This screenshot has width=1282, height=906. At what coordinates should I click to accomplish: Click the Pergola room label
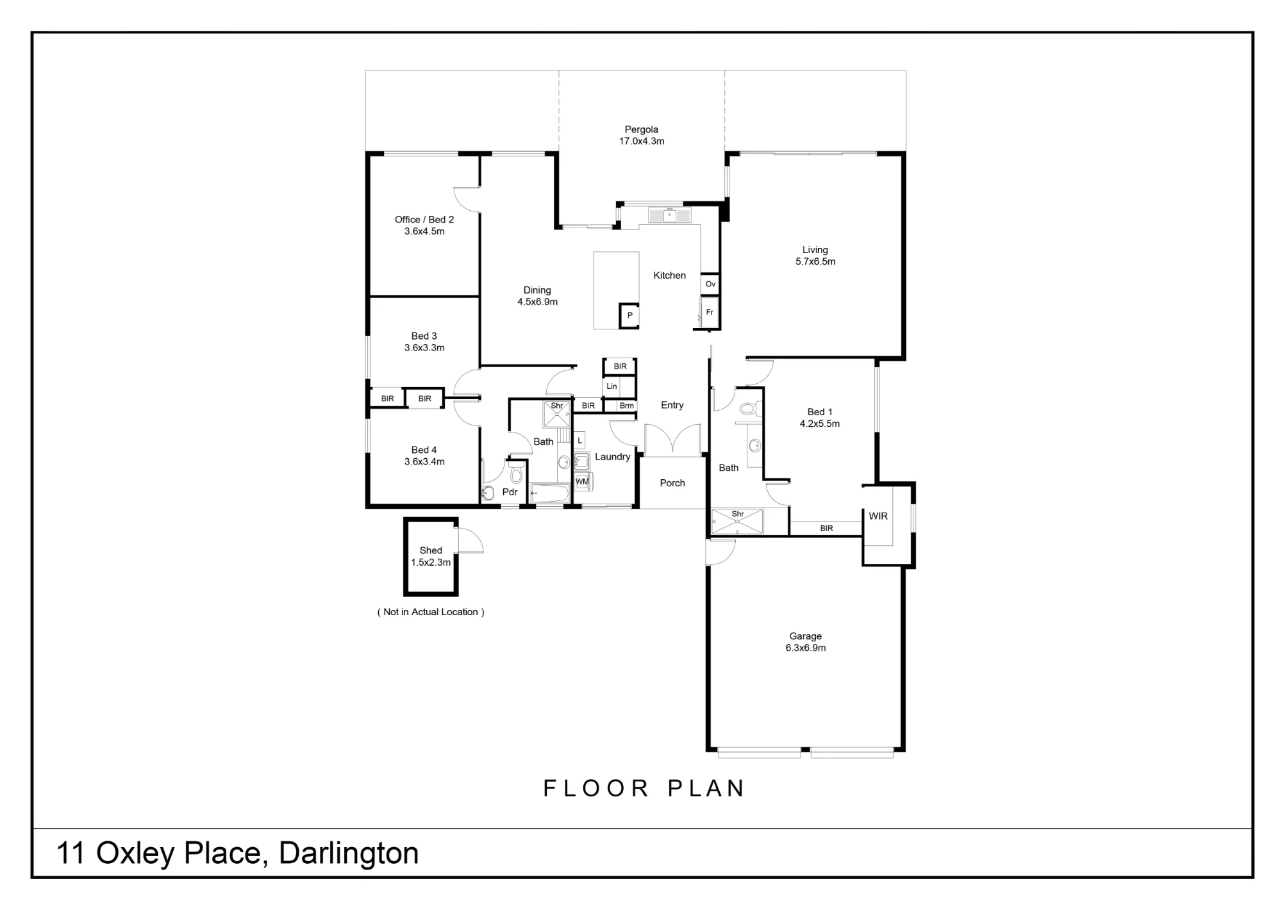click(642, 129)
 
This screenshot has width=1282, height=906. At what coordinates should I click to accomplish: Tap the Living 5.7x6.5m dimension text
click(815, 261)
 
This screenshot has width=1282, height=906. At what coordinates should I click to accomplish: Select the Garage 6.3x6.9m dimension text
click(806, 648)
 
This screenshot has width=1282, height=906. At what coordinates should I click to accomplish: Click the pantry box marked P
click(629, 315)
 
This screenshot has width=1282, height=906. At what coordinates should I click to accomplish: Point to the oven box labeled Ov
click(710, 284)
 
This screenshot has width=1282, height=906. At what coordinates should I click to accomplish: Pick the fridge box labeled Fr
click(710, 312)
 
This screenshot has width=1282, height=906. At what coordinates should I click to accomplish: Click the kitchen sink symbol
click(669, 215)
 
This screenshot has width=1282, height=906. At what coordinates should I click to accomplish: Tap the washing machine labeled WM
click(582, 482)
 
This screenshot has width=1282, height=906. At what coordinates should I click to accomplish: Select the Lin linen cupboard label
click(612, 386)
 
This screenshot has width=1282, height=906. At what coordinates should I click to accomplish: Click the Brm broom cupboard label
click(627, 406)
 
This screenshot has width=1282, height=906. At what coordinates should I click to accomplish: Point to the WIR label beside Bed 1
click(878, 516)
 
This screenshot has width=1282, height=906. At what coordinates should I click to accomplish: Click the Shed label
click(431, 550)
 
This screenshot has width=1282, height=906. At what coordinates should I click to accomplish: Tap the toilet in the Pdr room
click(516, 475)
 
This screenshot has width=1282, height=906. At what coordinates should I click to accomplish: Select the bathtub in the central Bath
click(550, 493)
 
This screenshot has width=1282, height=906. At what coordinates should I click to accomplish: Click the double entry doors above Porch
click(672, 440)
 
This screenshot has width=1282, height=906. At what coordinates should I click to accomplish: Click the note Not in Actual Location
click(431, 612)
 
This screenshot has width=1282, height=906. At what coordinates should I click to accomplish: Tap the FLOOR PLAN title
click(644, 788)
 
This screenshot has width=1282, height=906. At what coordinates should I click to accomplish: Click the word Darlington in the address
click(349, 853)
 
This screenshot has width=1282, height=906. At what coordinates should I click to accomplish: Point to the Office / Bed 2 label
click(424, 220)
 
